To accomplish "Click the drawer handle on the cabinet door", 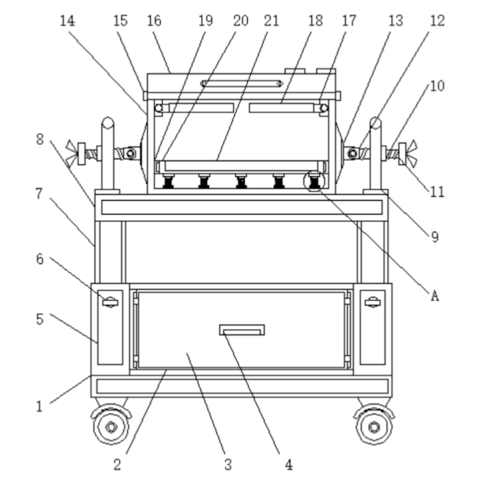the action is pos(242,330).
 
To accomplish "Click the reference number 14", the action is pos(68,21).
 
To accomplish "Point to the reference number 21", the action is pos(271,21).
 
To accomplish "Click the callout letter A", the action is pos(435,295).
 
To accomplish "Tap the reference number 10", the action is pos(437,86).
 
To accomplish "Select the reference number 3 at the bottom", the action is pos(228,465).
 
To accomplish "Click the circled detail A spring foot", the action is pos(314,181).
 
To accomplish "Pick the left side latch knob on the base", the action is pos(110,302).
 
